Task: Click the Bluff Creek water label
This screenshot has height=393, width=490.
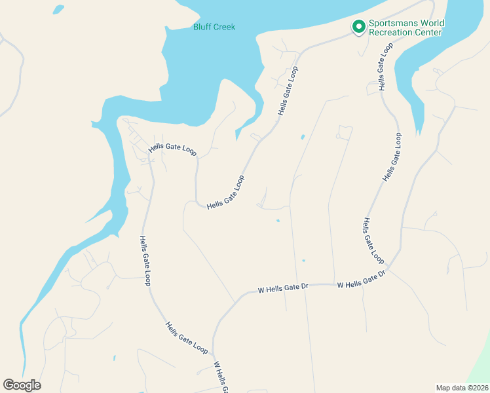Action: [x=214, y=27]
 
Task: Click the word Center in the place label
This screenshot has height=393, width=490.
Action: [x=430, y=33]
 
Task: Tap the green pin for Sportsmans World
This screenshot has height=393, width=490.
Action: [x=358, y=27]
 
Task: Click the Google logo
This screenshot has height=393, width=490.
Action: [x=22, y=385]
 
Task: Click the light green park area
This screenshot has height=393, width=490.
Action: [x=481, y=360]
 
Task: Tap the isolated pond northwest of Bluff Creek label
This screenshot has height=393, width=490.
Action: [x=58, y=10]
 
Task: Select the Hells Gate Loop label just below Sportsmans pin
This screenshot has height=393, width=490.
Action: [x=385, y=67]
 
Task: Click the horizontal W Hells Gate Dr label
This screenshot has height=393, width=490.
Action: [x=283, y=288]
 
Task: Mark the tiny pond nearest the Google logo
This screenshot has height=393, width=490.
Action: [x=114, y=358]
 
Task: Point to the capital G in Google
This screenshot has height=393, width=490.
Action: [x=8, y=385]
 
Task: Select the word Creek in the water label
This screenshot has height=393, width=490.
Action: [x=223, y=27]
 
